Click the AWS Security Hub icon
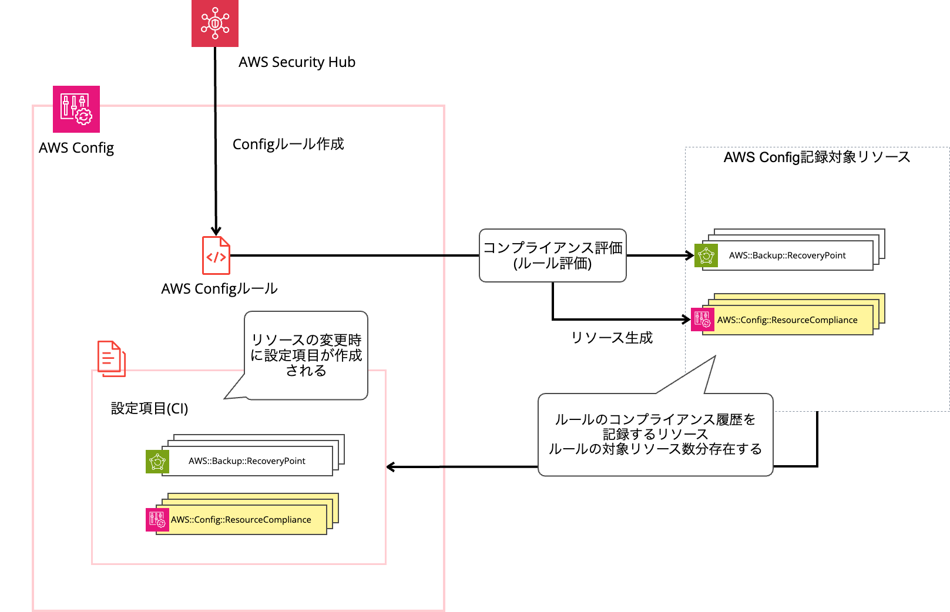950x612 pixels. coord(215,23)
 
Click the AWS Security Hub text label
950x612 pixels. coord(297,62)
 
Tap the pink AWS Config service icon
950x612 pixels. coord(76,109)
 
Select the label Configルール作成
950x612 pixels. coord(288,144)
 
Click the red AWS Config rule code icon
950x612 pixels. coord(216,255)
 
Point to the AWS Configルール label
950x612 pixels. coord(219,289)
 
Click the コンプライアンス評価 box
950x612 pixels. coord(552,255)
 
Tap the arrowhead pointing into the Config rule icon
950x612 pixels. coord(216,231)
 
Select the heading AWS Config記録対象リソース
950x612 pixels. coord(817,157)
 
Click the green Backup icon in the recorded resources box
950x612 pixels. coord(706,255)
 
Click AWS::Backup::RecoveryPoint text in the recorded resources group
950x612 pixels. coord(787,255)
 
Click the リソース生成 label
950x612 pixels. coord(612,338)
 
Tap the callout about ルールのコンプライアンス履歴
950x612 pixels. coord(655,435)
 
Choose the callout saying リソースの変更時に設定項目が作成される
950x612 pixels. coord(306,355)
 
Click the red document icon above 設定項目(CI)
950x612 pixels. coord(112,358)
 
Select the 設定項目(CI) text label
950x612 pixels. coord(149,409)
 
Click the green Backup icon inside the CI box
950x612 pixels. coord(157,462)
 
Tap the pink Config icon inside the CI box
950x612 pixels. coord(157,520)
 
